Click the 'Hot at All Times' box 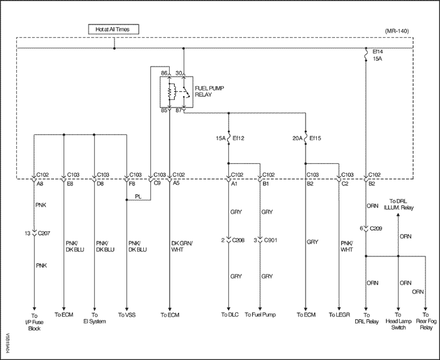pyautogui.click(x=113, y=29)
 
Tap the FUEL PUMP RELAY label pyautogui.click(x=209, y=91)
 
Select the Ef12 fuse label pyautogui.click(x=238, y=138)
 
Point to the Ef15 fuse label pyautogui.click(x=315, y=138)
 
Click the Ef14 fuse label pyautogui.click(x=378, y=52)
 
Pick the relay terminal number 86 pyautogui.click(x=164, y=73)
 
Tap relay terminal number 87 pyautogui.click(x=179, y=111)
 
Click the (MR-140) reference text pyautogui.click(x=397, y=31)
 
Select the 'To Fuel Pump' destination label pyautogui.click(x=260, y=315)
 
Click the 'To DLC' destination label pyautogui.click(x=230, y=315)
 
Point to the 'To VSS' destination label pyautogui.click(x=127, y=315)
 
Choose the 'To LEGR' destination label pyautogui.click(x=339, y=315)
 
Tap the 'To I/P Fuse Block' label pyautogui.click(x=34, y=322)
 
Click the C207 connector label pyautogui.click(x=44, y=233)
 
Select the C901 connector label pyautogui.click(x=270, y=240)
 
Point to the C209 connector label pyautogui.click(x=376, y=229)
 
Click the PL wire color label pyautogui.click(x=138, y=197)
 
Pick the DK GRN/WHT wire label pyautogui.click(x=182, y=246)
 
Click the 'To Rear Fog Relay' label pyautogui.click(x=426, y=321)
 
